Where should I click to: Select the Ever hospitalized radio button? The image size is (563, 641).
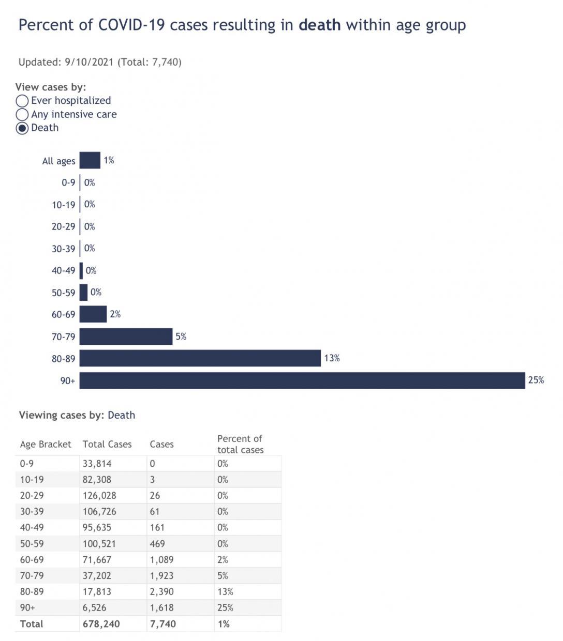pyautogui.click(x=22, y=101)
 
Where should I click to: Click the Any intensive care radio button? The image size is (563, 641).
pyautogui.click(x=22, y=115)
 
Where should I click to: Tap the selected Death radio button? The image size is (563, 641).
pyautogui.click(x=22, y=128)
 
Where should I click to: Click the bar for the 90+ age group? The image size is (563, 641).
pyautogui.click(x=302, y=380)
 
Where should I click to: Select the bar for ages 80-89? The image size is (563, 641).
pyautogui.click(x=200, y=358)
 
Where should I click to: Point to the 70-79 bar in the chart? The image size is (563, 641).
pyautogui.click(x=126, y=337)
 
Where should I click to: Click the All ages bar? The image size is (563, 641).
pyautogui.click(x=90, y=160)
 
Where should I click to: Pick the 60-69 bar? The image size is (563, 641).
pyautogui.click(x=93, y=314)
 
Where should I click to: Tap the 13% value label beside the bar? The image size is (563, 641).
pyautogui.click(x=332, y=358)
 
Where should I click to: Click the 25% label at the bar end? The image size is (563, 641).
pyautogui.click(x=536, y=380)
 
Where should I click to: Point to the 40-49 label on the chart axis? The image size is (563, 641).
pyautogui.click(x=63, y=270)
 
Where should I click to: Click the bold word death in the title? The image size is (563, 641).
pyautogui.click(x=319, y=25)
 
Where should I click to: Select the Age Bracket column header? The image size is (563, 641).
pyautogui.click(x=46, y=444)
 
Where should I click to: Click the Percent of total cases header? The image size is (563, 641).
pyautogui.click(x=240, y=444)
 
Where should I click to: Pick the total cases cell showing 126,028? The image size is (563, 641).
pyautogui.click(x=99, y=495)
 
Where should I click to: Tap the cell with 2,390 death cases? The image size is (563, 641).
pyautogui.click(x=162, y=591)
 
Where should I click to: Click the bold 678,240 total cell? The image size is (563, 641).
pyautogui.click(x=101, y=624)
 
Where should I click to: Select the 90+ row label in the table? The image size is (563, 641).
pyautogui.click(x=27, y=607)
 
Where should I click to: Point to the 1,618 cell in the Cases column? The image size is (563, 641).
pyautogui.click(x=162, y=607)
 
